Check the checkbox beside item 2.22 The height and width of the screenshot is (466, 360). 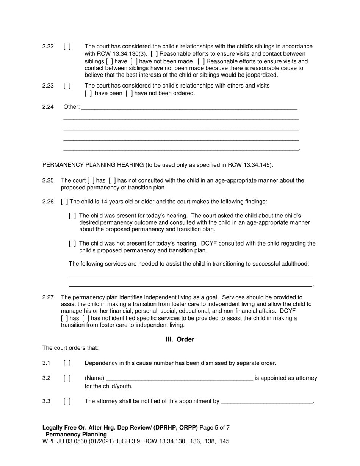67,47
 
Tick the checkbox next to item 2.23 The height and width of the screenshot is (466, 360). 67,86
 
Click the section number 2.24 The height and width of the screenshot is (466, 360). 48,107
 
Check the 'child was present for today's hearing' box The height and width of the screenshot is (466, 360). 72,216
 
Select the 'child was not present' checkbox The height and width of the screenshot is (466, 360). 72,244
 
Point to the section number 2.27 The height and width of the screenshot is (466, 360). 48,297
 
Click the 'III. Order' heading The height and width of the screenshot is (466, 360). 180,339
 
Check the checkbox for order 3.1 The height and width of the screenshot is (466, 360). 67,363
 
